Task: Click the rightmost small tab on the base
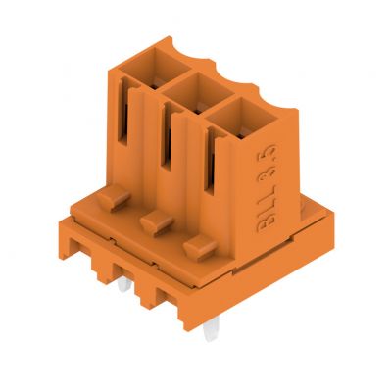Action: pyautogui.click(x=199, y=244)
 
